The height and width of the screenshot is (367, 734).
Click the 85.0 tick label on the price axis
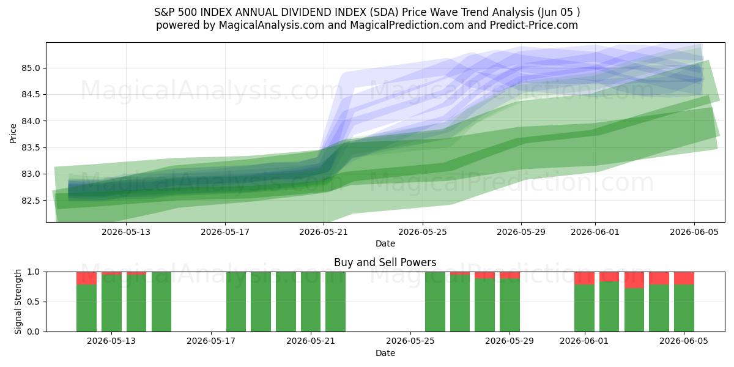31,68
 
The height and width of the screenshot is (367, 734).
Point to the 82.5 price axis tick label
31,201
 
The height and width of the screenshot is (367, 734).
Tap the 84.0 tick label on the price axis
31,121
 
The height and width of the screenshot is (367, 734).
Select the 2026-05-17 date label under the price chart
225,232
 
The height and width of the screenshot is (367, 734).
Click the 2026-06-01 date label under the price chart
595,232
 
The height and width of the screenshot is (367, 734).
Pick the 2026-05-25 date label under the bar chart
410,341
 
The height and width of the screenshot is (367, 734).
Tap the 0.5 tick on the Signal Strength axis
33,302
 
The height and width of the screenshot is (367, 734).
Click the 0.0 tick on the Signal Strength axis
33,332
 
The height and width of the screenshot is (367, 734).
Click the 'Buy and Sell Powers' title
385,262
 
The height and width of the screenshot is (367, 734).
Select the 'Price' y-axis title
13,133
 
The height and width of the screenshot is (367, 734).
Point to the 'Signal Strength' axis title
18,302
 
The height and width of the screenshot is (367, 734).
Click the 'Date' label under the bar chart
385,353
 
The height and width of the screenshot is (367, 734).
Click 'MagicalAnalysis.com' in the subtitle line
272,25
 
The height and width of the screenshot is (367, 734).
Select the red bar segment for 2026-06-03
634,280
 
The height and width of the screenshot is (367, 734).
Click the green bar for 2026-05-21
336,302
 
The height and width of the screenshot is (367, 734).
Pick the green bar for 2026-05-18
236,302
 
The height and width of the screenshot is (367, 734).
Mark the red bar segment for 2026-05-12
86,278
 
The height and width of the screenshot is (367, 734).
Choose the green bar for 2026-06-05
684,308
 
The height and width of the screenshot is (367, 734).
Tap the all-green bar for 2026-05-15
161,302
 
